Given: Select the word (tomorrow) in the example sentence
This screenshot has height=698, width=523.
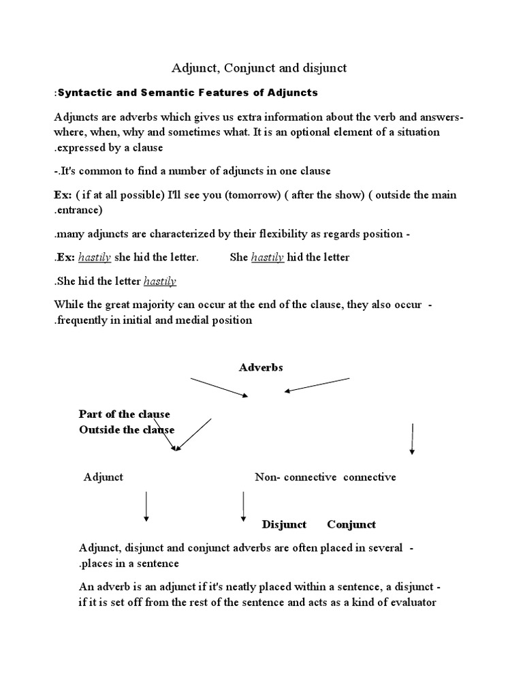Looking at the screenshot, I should [251, 195].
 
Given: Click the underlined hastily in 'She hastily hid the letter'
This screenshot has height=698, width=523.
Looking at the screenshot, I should [267, 257].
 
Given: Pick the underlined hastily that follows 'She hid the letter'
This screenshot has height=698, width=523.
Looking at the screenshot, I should [160, 281].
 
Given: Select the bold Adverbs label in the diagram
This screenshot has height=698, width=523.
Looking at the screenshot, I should [261, 367].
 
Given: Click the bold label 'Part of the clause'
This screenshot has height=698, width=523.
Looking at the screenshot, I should [125, 414].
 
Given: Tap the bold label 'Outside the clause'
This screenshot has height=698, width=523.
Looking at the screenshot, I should [127, 429].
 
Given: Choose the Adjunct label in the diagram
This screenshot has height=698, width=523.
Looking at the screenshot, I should [104, 477].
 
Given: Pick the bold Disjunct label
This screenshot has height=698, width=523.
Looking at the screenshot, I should [284, 524].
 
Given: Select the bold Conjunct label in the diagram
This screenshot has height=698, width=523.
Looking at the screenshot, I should [351, 524].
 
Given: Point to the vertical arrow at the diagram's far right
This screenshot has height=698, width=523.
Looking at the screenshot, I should [412, 438].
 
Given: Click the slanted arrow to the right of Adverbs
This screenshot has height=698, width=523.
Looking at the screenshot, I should [317, 385].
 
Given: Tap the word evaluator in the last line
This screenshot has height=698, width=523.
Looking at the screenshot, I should [408, 602].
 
